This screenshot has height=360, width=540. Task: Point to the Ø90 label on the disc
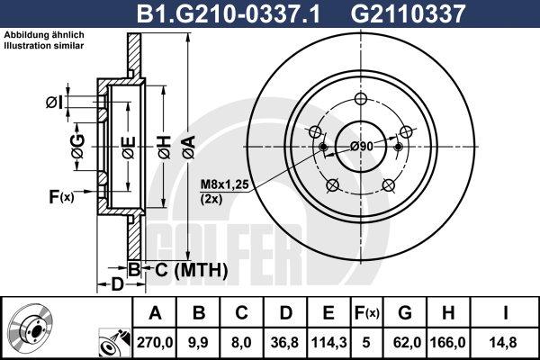(x=362, y=146)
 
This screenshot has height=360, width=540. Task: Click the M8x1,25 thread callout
(x=222, y=184)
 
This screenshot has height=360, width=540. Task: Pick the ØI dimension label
(x=53, y=102)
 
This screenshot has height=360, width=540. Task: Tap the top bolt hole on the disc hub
(x=362, y=99)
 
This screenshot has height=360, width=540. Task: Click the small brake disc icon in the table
(x=31, y=328)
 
